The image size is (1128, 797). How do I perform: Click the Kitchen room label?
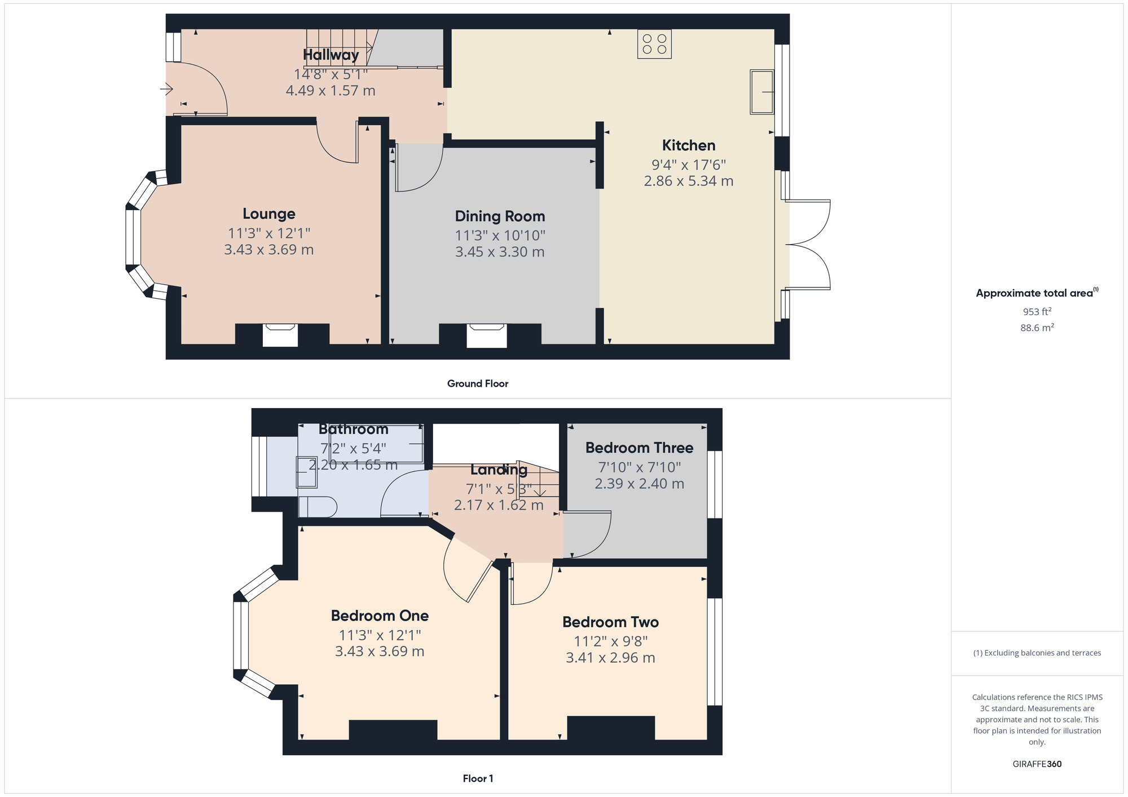coord(689,145)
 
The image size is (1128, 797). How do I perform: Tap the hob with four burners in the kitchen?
coord(654,44)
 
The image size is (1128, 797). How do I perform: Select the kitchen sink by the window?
coord(762,92)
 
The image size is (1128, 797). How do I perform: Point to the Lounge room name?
coord(269,214)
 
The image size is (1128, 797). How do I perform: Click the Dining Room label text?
coord(500,216)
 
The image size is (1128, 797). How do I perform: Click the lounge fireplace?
coord(280,335)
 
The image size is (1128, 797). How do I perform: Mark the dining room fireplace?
coord(487,335)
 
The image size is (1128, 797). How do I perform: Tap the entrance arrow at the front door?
coord(166,89)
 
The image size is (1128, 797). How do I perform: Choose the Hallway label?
coord(331,55)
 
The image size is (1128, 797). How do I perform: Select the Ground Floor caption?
coord(478,384)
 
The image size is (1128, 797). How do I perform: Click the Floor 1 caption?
coord(478,778)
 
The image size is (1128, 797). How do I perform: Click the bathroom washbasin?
coord(307,472)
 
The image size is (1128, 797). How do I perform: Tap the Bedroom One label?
coord(380,616)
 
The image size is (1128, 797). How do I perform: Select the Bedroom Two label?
coord(610,622)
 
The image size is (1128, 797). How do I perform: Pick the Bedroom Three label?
coord(639,448)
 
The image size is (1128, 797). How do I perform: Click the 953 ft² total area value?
coord(1037,312)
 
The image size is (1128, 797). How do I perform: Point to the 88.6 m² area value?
coord(1037,327)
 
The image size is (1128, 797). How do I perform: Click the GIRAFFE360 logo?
coord(1037,764)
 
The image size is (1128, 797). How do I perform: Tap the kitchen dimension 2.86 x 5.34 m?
coord(689,181)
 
